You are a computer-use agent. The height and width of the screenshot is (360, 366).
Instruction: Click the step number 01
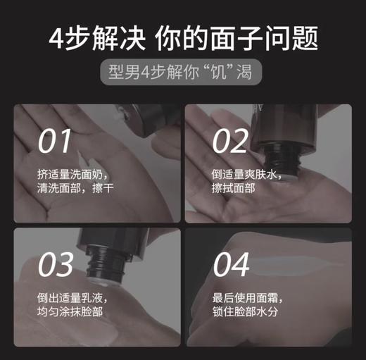[54, 140]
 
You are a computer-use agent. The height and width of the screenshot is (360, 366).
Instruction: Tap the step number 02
[230, 140]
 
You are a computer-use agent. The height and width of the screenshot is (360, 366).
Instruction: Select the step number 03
[56, 265]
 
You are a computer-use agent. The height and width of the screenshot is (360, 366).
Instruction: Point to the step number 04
[231, 265]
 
